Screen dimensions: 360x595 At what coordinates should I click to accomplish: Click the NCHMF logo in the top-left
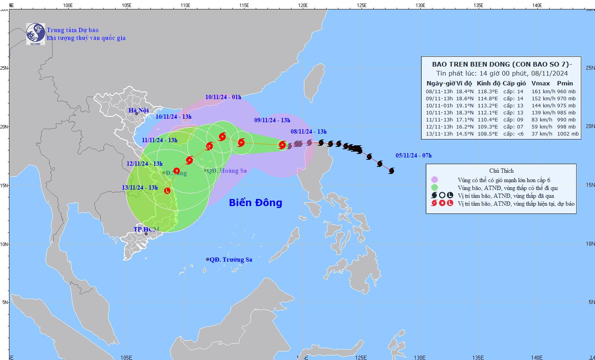point(36,34)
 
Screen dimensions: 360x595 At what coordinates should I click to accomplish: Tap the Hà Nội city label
point(139,110)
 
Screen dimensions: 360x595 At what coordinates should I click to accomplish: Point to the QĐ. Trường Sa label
point(231,260)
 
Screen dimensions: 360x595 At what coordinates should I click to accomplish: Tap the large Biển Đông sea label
point(255,203)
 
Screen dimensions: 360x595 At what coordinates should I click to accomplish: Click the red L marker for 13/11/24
point(167,191)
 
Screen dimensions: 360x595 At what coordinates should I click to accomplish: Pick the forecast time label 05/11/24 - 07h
point(413,156)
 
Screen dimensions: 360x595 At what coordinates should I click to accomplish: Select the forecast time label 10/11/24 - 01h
point(223,97)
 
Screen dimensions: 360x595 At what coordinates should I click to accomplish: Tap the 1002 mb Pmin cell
point(568,134)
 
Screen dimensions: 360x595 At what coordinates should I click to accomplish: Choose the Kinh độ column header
point(488,83)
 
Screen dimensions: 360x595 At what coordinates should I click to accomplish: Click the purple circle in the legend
point(434,180)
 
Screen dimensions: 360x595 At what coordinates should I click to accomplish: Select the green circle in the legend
point(434,188)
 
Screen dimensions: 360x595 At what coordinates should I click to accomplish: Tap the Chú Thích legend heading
point(501,171)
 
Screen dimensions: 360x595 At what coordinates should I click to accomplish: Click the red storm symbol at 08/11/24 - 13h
point(282,145)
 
